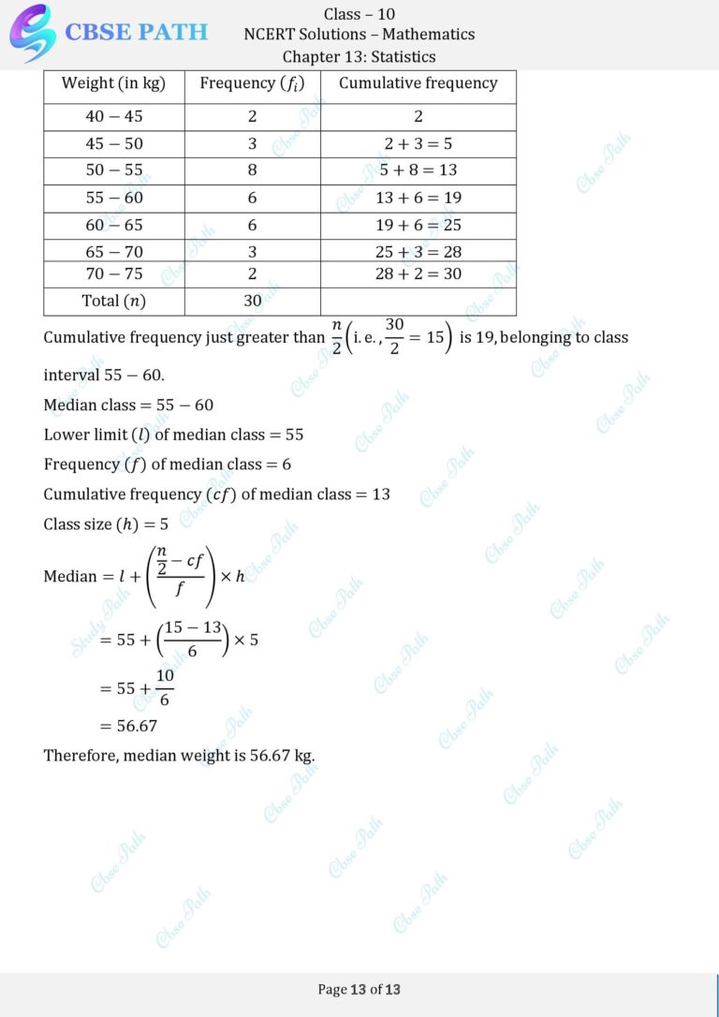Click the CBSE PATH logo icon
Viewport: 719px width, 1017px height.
tap(32, 32)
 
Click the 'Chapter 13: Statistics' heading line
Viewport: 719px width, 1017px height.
tap(359, 57)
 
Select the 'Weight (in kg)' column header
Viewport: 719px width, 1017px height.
tap(113, 83)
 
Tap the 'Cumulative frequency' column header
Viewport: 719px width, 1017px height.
tap(418, 83)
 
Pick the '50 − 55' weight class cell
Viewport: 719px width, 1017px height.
tap(113, 170)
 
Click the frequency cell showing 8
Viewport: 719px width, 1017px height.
tap(252, 170)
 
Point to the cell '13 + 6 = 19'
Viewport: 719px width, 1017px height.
tap(418, 198)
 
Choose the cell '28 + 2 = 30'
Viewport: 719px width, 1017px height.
tap(418, 273)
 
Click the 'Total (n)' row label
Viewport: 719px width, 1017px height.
tap(113, 301)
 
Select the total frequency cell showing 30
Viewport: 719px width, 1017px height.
tap(252, 301)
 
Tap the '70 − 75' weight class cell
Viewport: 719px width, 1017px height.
tap(113, 273)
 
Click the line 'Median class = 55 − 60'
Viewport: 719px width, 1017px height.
tap(128, 405)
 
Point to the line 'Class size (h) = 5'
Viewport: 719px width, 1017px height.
tap(106, 524)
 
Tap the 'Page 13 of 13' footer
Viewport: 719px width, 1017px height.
tap(359, 989)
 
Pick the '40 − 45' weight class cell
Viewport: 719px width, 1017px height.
tap(113, 117)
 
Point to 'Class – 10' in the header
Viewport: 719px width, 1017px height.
tap(359, 13)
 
